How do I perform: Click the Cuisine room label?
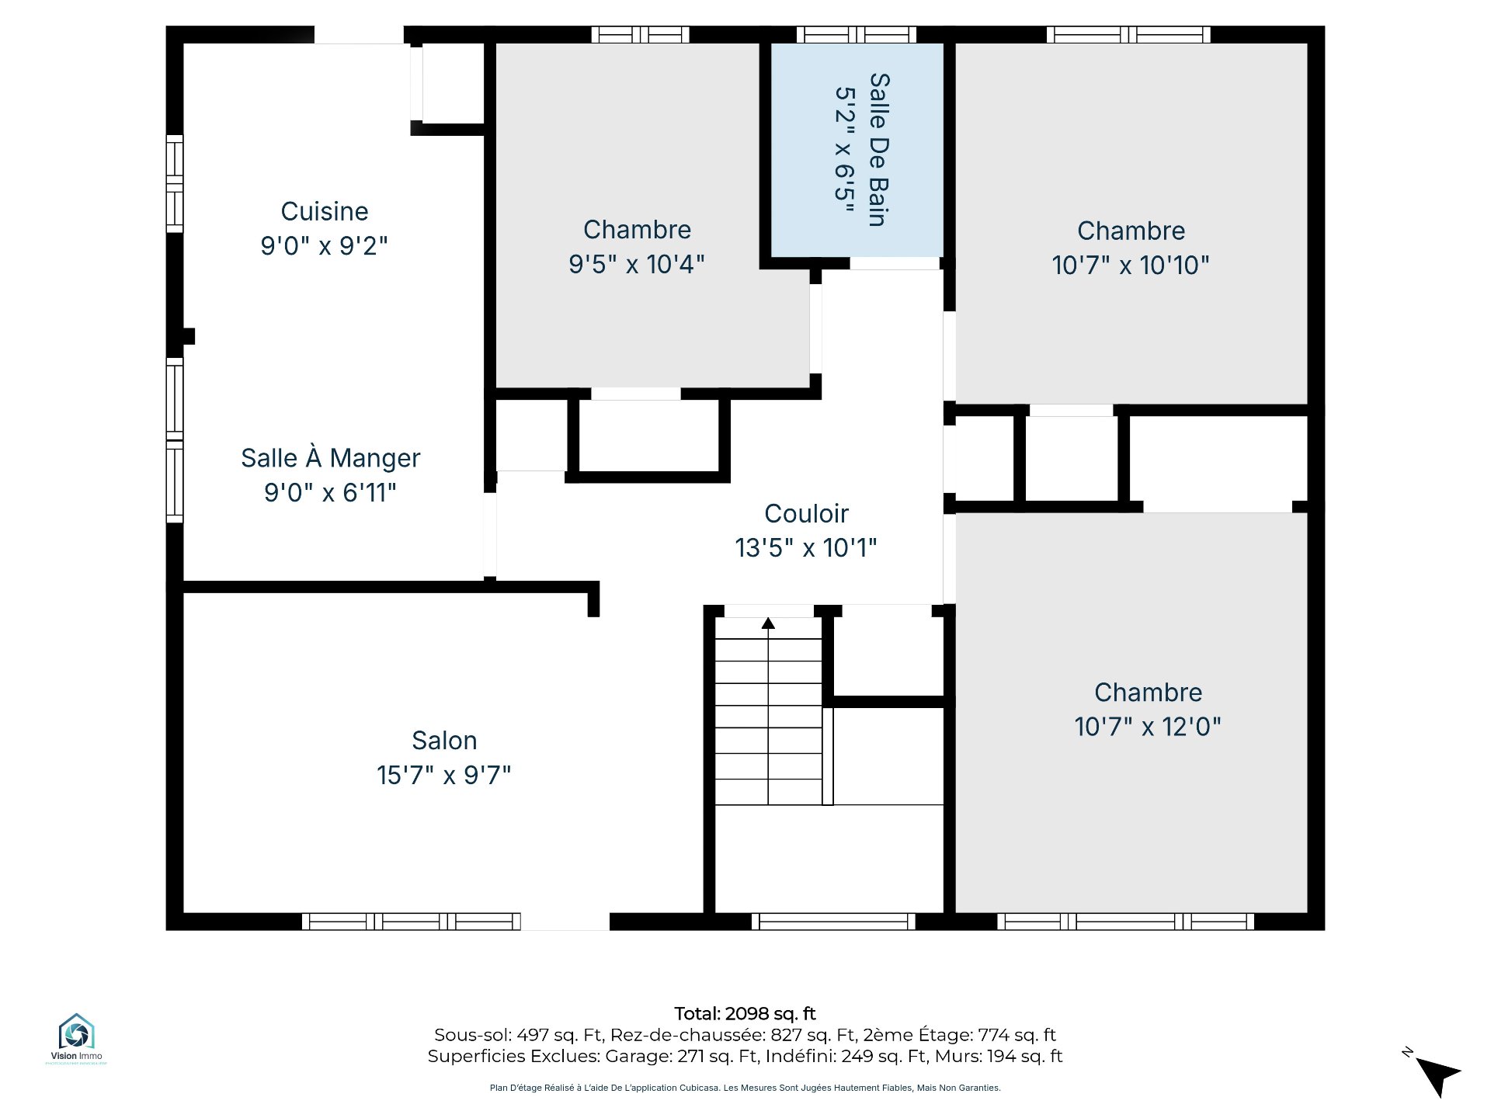[x=325, y=211]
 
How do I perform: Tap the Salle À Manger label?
[x=331, y=458]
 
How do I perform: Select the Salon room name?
[x=444, y=741]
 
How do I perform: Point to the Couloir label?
[x=806, y=513]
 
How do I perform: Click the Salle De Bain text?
[x=878, y=149]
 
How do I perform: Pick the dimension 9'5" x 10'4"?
[x=637, y=264]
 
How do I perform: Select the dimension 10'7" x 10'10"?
[x=1131, y=265]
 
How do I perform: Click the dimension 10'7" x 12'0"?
[x=1148, y=727]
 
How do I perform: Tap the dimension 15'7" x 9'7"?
[x=444, y=775]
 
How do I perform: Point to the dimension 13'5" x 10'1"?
[x=806, y=547]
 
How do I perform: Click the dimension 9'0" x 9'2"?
[x=325, y=245]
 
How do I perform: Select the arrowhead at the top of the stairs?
[x=768, y=623]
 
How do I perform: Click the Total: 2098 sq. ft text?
[x=745, y=1013]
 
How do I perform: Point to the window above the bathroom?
[x=857, y=34]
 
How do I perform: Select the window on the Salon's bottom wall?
[x=411, y=922]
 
